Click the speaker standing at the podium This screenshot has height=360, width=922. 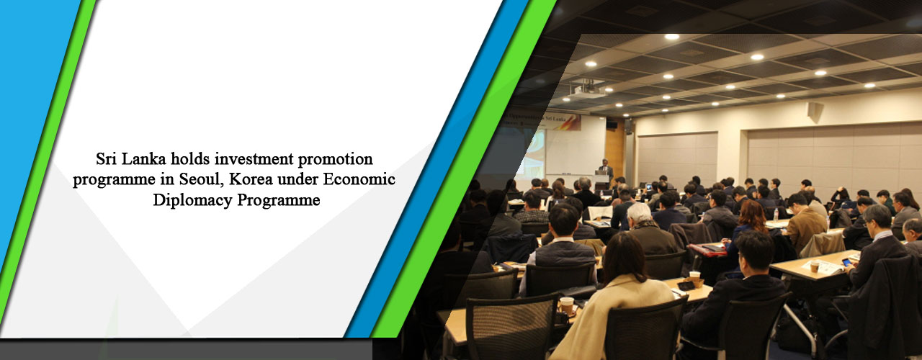(606, 170)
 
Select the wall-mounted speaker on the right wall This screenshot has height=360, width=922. (813, 110)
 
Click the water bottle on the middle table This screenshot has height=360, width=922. (775, 215)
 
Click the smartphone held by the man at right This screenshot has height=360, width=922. (847, 262)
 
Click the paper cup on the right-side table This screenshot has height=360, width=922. (814, 266)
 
